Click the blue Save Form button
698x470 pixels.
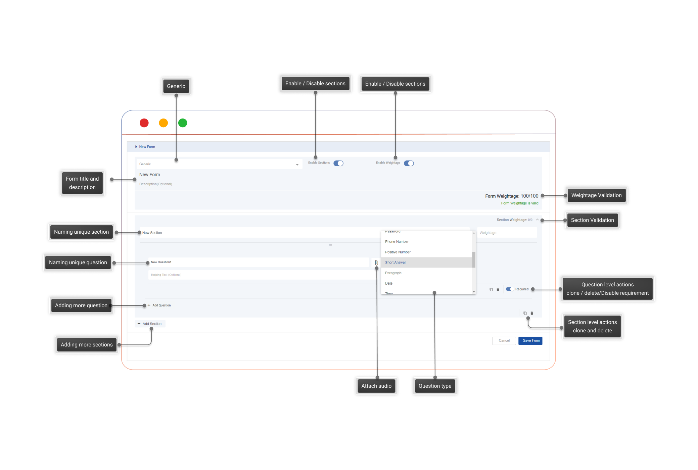tap(530, 341)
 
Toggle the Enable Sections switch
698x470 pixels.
tap(338, 163)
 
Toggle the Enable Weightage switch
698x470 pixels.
tap(409, 163)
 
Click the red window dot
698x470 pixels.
tap(144, 123)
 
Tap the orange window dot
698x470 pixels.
tap(164, 123)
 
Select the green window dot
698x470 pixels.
tap(183, 123)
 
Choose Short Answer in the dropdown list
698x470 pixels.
tap(395, 263)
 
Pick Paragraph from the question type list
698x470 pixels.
tap(393, 273)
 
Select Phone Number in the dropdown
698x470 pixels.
tap(397, 242)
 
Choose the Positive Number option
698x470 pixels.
tap(398, 252)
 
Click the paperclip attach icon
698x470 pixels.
tap(376, 263)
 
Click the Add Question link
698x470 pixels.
tap(161, 305)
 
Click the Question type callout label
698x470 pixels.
tap(435, 386)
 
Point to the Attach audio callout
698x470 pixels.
tap(376, 386)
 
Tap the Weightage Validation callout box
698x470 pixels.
tap(596, 195)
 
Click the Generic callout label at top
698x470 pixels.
tap(176, 86)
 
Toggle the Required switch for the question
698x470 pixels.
tap(509, 289)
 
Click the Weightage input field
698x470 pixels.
tap(507, 233)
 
